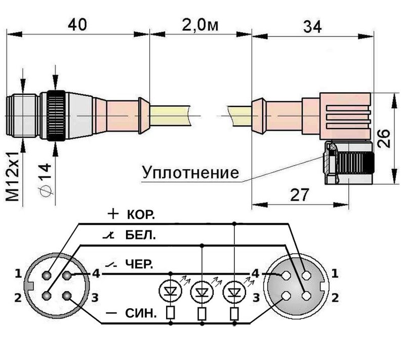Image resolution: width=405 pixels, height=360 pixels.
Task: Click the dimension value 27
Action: (x=300, y=194)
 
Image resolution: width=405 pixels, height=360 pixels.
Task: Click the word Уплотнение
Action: (x=190, y=173)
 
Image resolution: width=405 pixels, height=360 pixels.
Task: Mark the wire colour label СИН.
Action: (x=141, y=313)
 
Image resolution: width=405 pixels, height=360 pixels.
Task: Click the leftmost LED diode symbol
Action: (x=170, y=291)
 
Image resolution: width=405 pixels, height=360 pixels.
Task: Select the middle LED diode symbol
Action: (x=201, y=292)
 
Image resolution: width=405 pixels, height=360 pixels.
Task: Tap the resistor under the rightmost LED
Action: (x=234, y=313)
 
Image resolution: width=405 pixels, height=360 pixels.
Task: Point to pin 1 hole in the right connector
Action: (x=307, y=275)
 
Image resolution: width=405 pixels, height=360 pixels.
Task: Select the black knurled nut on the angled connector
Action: (x=355, y=165)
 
